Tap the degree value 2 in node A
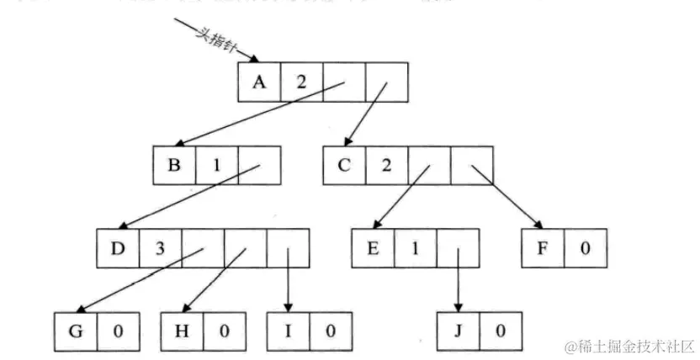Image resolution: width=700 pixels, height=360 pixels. [x=300, y=82]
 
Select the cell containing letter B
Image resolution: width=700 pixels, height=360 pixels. [x=174, y=165]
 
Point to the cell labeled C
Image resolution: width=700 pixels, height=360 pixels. [x=344, y=165]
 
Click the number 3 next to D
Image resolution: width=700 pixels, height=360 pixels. [x=160, y=248]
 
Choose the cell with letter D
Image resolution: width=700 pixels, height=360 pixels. [x=118, y=248]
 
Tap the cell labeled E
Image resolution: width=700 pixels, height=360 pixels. [x=374, y=248]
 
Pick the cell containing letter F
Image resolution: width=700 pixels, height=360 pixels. [x=542, y=248]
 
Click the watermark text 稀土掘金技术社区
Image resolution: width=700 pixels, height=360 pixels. [x=629, y=346]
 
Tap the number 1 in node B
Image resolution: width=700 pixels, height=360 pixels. [x=216, y=165]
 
